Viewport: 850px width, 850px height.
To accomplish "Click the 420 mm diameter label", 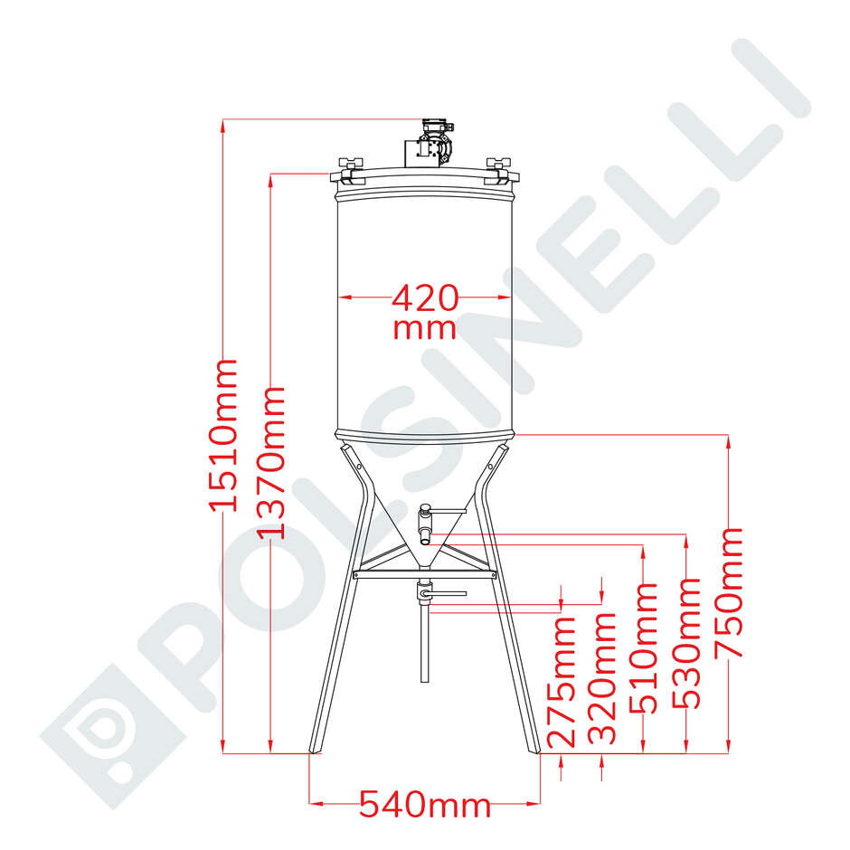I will (x=424, y=310).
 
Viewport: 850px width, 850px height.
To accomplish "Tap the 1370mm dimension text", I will (x=270, y=462).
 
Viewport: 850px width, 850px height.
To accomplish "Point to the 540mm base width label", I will (x=424, y=803).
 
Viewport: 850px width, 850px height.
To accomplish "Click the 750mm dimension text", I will (x=729, y=593).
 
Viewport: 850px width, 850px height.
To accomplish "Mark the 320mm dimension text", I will (x=602, y=678).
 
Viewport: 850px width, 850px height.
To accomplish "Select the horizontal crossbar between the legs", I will (x=424, y=573).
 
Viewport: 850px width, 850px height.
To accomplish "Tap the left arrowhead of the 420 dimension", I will (x=345, y=297).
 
